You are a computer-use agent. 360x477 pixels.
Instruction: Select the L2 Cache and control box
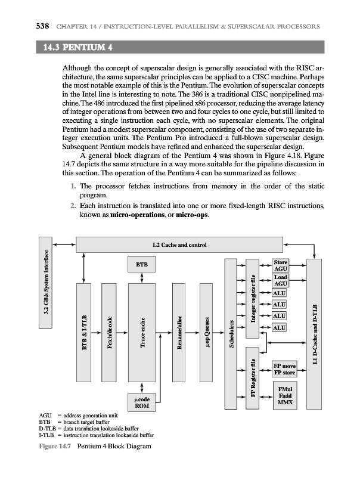179,244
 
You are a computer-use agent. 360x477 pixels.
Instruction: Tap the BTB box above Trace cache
142,264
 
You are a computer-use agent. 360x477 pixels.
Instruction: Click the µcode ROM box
142,402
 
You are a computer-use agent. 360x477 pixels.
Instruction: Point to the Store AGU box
280,265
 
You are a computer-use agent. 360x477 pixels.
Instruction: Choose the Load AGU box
280,280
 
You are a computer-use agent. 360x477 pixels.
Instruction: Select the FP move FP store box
284,368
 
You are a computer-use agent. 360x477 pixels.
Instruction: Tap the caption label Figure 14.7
51,446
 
